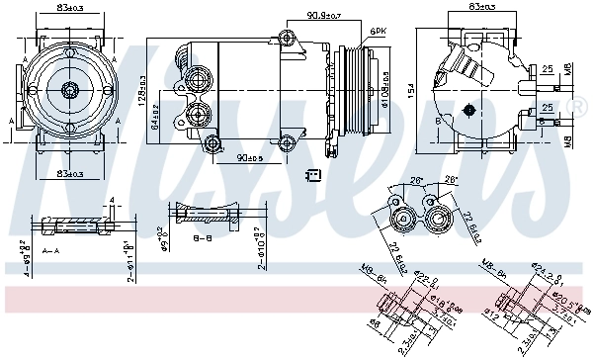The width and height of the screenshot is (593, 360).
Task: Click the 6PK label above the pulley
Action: [x=378, y=33]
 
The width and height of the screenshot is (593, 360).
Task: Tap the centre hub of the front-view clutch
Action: [x=69, y=91]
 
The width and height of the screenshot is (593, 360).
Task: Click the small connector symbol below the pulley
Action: [x=314, y=176]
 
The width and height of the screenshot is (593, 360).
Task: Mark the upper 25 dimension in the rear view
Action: [x=547, y=69]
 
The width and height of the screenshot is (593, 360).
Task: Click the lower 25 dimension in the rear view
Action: [x=547, y=107]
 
